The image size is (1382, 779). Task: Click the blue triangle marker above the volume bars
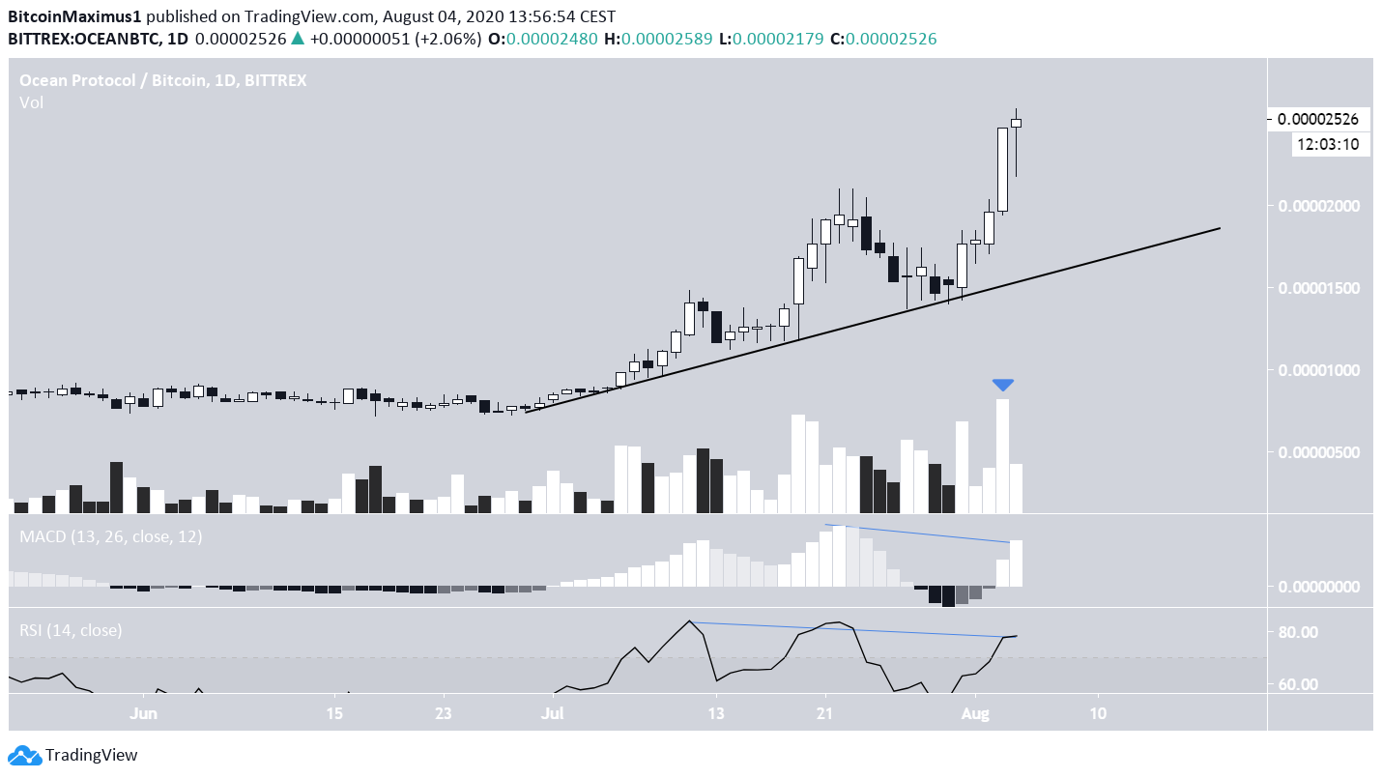(x=1003, y=385)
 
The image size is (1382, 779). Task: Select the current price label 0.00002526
(x=1318, y=120)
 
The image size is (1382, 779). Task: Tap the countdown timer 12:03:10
(x=1329, y=145)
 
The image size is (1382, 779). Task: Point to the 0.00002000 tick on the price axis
(x=1318, y=206)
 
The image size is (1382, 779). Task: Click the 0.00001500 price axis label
(x=1318, y=288)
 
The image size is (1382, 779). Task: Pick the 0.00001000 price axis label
(x=1318, y=370)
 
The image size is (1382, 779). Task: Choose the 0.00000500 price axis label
(x=1318, y=452)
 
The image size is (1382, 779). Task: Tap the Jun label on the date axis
(x=143, y=714)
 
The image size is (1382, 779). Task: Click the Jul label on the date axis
(x=553, y=714)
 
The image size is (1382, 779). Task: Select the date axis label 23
(x=443, y=714)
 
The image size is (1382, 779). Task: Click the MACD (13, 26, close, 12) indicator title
(x=111, y=536)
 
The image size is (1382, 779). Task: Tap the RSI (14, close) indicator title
(x=72, y=631)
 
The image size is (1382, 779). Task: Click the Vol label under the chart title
(x=31, y=102)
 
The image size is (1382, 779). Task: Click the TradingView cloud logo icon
(x=23, y=755)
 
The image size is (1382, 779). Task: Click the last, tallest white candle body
(x=1003, y=169)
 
